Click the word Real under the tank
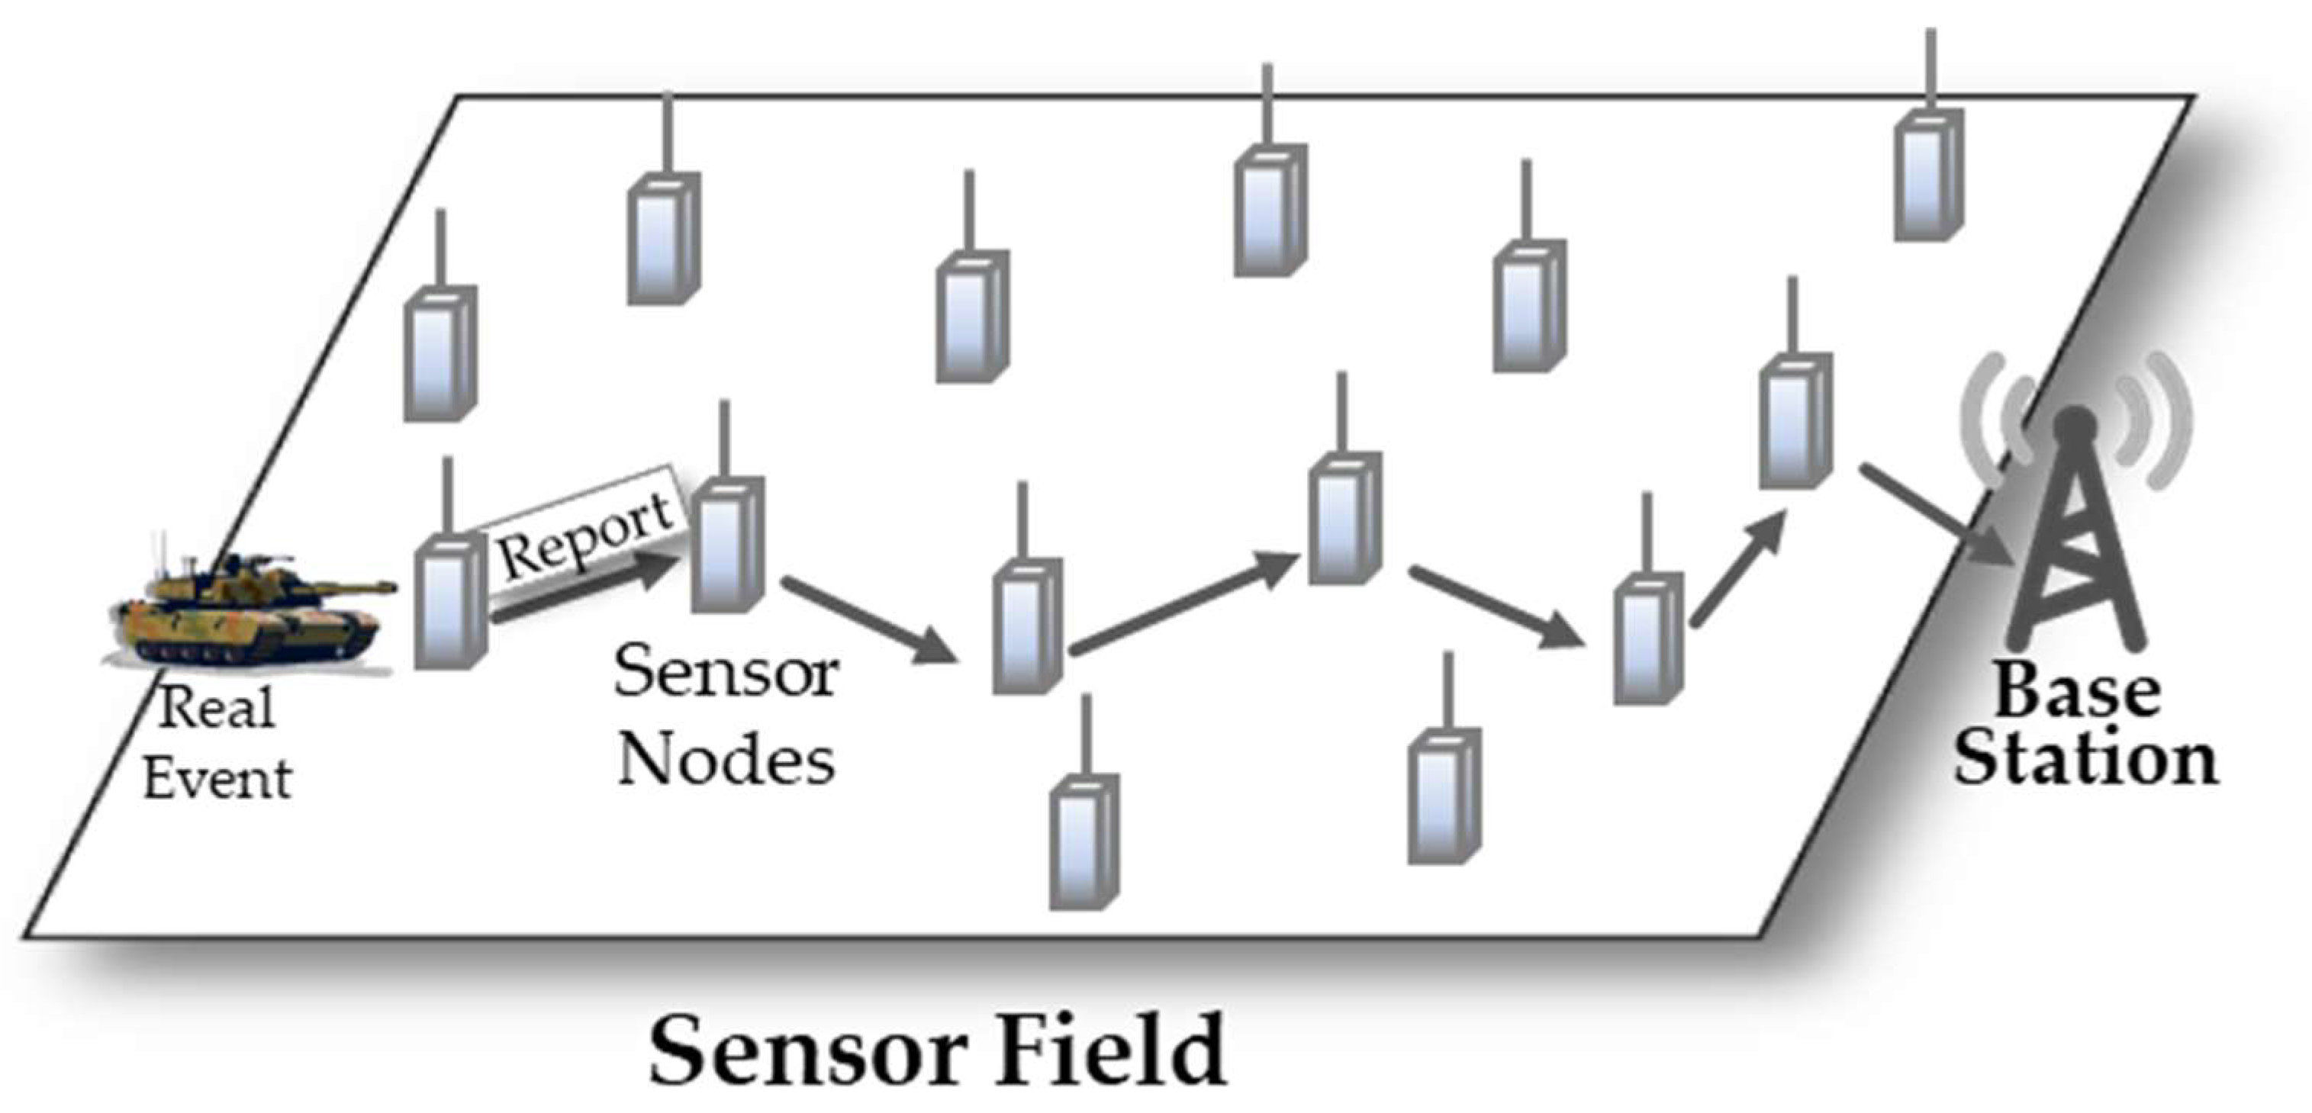(216, 709)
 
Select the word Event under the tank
(217, 779)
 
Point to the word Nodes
(725, 761)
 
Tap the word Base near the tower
(2077, 691)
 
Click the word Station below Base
(2085, 761)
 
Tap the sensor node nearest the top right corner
(1928, 175)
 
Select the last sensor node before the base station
(1794, 420)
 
